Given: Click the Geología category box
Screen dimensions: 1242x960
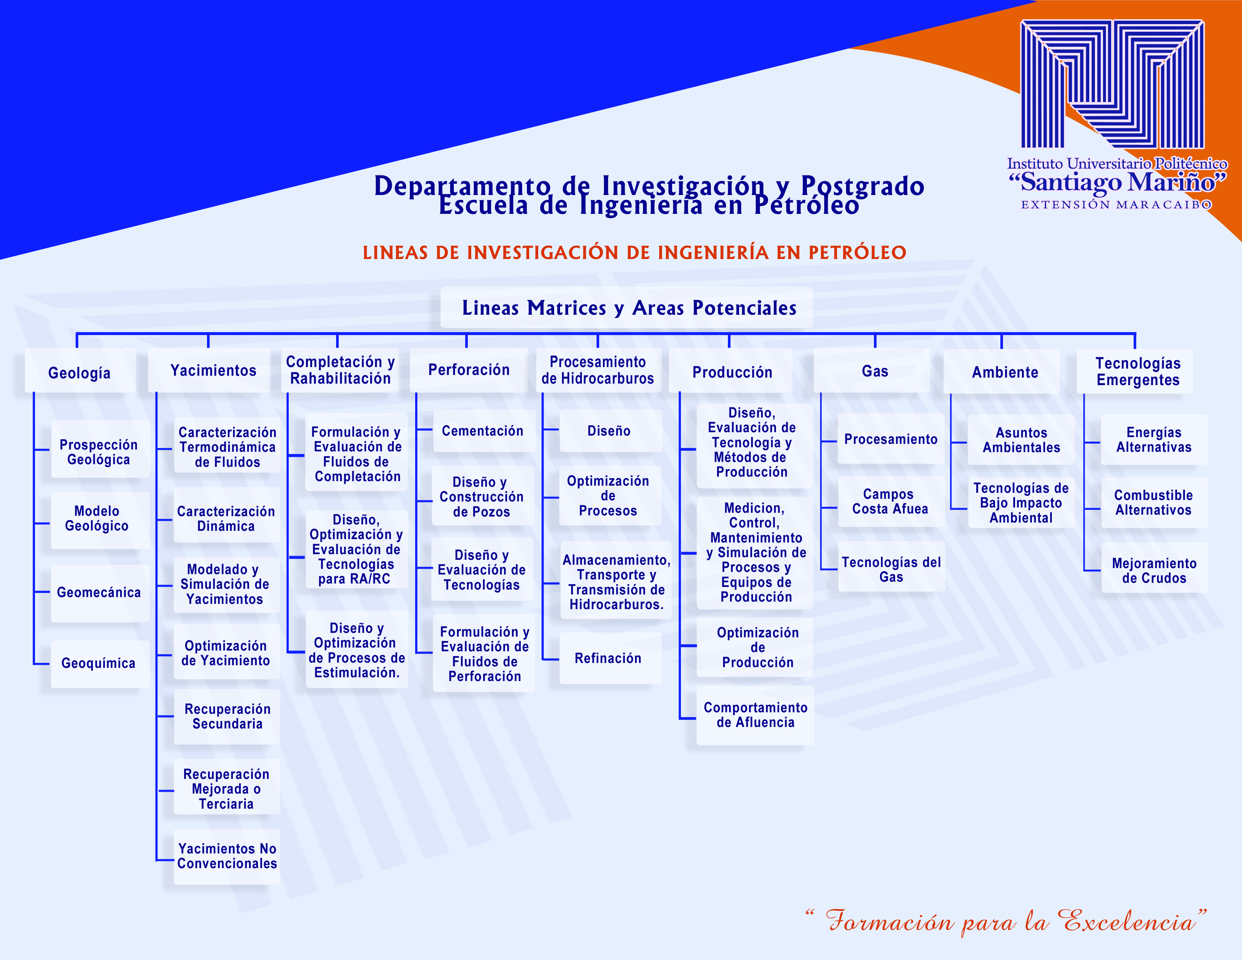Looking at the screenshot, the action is (x=80, y=371).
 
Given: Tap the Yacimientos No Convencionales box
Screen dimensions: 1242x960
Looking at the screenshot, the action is (x=227, y=856).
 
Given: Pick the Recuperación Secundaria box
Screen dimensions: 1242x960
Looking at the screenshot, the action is (x=227, y=716).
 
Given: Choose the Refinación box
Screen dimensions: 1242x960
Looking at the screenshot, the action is (x=610, y=658).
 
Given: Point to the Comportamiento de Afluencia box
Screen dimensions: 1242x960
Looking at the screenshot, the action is (x=755, y=715).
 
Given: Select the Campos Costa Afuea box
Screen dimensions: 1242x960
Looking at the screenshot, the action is (x=890, y=501).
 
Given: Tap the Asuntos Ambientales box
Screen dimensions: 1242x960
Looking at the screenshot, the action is (x=1021, y=440).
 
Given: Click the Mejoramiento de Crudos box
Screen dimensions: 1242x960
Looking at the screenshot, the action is (x=1154, y=570).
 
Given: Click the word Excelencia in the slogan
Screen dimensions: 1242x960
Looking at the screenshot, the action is (x=1129, y=920).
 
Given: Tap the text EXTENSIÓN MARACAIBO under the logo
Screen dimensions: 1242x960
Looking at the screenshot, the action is (x=1116, y=205).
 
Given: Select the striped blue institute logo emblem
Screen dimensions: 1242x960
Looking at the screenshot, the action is (x=1112, y=84).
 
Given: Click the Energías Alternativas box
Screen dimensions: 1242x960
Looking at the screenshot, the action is (x=1154, y=440).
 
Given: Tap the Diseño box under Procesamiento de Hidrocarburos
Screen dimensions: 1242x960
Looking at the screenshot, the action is (x=610, y=431).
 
